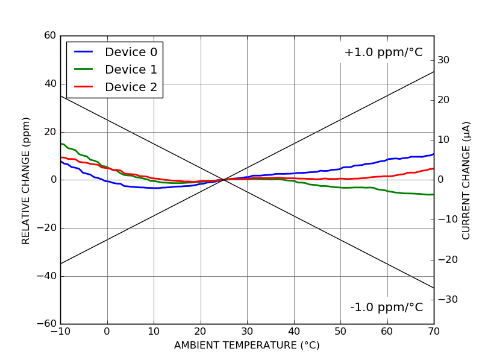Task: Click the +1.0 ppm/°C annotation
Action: click(x=383, y=52)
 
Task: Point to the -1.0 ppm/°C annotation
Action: click(x=386, y=308)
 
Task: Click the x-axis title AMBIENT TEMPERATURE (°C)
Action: click(x=247, y=346)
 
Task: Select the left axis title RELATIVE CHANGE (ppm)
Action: click(x=26, y=180)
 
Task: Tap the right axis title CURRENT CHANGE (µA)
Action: click(x=466, y=180)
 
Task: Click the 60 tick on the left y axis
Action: click(x=50, y=36)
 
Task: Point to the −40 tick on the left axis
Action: click(x=46, y=276)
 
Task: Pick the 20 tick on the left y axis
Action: click(x=50, y=132)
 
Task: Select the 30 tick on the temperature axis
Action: click(x=247, y=331)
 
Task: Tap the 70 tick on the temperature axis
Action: click(x=434, y=331)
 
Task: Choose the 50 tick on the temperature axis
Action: click(x=340, y=331)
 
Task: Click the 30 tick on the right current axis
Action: click(x=444, y=60)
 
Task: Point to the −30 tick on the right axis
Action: click(x=446, y=300)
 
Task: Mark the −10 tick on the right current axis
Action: click(x=446, y=219)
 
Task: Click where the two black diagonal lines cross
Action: click(x=224, y=180)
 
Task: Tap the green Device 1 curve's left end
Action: click(x=61, y=144)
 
